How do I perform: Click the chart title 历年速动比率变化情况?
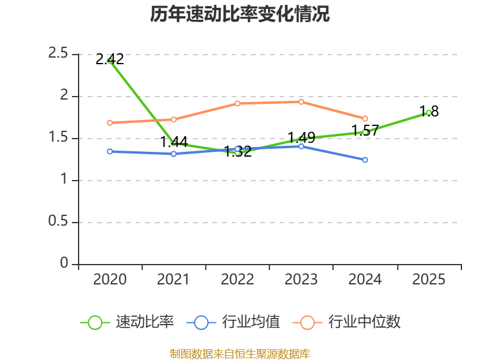pos(239,14)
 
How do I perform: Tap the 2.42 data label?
pos(110,59)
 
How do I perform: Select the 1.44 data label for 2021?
pos(173,142)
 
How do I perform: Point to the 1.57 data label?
pos(365,130)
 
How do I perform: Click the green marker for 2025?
pos(428,113)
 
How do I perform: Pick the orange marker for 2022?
pos(237,103)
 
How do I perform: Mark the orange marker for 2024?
pos(365,118)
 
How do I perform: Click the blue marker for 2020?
pos(110,152)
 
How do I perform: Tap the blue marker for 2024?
pos(365,160)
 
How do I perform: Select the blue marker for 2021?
pos(173,154)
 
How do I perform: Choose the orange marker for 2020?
pos(110,123)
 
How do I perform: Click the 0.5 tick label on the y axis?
pos(58,221)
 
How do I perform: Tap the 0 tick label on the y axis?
pos(64,263)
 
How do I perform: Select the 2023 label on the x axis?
pos(301,280)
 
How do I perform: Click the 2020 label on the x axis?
pos(110,280)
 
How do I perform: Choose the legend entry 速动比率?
pos(127,322)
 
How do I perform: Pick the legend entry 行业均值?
pos(233,322)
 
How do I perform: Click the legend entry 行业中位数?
pos(347,322)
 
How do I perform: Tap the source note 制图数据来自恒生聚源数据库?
pos(239,354)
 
